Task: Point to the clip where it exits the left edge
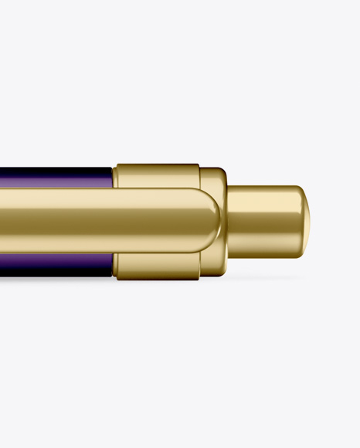tap(4, 222)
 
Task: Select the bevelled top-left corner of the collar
tap(117, 167)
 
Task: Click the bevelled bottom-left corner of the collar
tap(117, 276)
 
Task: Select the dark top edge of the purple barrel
tap(54, 168)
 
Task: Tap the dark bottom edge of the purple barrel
tap(54, 276)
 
